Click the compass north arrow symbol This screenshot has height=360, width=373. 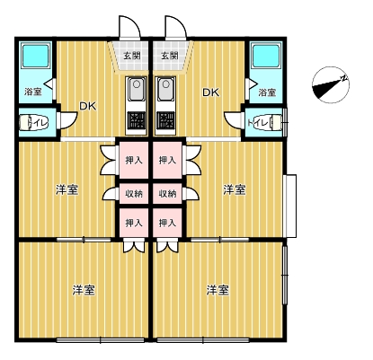tap(331, 85)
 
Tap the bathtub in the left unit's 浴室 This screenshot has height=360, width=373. tap(36, 56)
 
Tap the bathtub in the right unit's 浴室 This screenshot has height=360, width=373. tap(266, 56)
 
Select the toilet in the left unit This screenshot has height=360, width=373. tap(33, 123)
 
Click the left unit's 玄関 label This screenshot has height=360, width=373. tap(132, 56)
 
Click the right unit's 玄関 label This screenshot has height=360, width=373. tap(170, 56)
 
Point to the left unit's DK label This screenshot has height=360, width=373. tap(88, 106)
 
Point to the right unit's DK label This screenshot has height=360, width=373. tap(211, 92)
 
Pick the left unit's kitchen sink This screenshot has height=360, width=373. tap(137, 89)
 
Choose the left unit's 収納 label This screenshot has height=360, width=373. tap(134, 194)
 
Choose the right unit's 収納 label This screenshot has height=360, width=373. tap(167, 194)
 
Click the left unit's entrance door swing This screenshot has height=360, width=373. tap(129, 27)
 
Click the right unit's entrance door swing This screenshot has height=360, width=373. tap(176, 27)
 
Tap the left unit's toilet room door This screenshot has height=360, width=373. tap(68, 120)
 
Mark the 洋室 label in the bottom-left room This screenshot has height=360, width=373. tap(84, 290)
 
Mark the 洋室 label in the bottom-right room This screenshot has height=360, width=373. tap(218, 290)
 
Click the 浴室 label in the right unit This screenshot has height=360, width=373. tap(267, 92)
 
